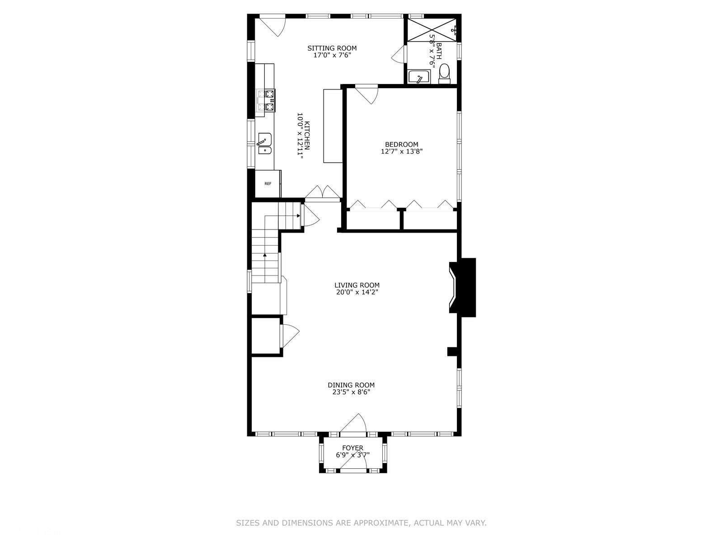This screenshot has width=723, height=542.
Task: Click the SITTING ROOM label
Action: point(332,48)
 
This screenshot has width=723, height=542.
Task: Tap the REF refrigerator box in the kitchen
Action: point(268,184)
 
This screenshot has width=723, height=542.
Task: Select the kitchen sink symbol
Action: point(265,144)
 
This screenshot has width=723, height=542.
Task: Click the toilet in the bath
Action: point(445,73)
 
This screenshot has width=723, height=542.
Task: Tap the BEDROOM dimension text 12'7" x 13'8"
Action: point(402,152)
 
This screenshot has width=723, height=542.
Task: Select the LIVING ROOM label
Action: point(357,285)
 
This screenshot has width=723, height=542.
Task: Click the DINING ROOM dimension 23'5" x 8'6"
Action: point(351,392)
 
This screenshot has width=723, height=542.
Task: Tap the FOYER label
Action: point(352,448)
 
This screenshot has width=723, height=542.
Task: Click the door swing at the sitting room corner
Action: point(273,26)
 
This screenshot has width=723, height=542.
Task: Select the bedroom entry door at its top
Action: point(367,94)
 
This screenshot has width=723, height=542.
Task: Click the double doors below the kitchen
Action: point(322,192)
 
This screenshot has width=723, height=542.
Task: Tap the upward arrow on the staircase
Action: point(264,255)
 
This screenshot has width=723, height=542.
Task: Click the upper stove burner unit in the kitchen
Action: point(266,94)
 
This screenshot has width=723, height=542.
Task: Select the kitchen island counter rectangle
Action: point(333,126)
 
